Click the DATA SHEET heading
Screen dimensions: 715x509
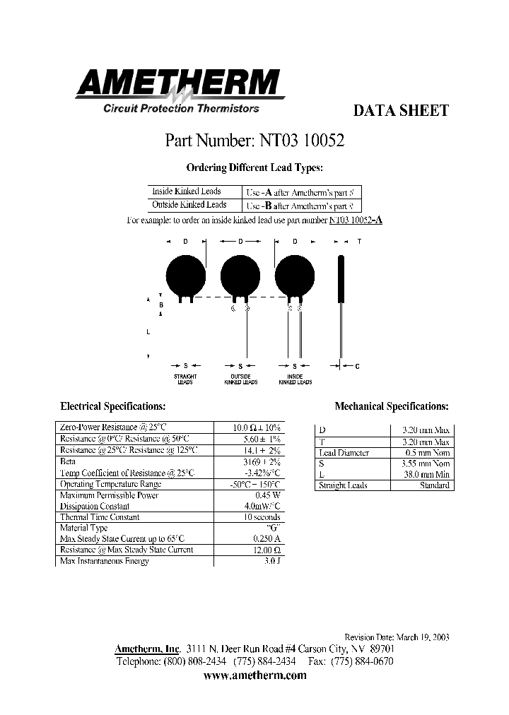click(x=400, y=110)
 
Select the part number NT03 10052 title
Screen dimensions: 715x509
click(x=255, y=141)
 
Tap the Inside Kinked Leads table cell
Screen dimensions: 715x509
click(x=187, y=191)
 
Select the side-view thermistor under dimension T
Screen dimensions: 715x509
click(x=341, y=279)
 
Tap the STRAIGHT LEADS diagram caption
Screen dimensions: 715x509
click(x=185, y=379)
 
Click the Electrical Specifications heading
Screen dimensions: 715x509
click(x=113, y=407)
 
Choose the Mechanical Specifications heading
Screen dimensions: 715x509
click(x=392, y=407)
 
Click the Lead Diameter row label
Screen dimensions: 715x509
click(x=344, y=453)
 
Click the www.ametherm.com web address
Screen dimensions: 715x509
click(x=255, y=675)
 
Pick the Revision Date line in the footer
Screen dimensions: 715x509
click(x=396, y=637)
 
